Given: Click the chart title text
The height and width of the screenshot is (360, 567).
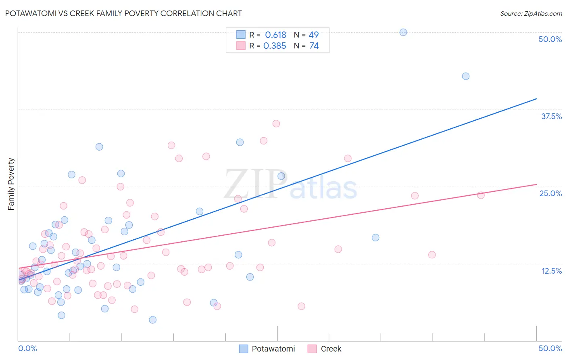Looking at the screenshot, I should (123, 13).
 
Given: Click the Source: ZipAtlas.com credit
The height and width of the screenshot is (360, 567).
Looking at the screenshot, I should (531, 13).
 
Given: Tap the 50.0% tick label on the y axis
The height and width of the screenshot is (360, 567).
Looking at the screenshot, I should (550, 39).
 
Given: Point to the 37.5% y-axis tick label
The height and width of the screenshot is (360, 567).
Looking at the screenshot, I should (551, 116).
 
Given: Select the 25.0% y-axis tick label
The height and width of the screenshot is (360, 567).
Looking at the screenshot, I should (550, 193).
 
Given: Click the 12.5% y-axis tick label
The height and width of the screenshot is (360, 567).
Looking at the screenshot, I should (551, 271).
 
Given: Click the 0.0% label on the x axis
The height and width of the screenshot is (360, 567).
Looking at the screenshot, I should (27, 348).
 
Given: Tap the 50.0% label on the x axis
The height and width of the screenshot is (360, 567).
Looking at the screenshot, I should (550, 348).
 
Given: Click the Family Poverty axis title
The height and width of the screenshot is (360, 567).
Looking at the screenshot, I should (11, 184).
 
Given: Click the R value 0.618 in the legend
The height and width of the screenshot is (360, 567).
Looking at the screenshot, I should (275, 35).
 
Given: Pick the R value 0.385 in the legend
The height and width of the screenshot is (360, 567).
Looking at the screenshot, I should (275, 46).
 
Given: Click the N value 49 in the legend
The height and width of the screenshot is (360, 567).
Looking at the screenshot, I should (313, 35).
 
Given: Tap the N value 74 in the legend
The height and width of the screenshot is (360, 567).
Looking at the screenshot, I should (314, 46).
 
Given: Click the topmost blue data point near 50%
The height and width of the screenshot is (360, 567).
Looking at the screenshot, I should (403, 32).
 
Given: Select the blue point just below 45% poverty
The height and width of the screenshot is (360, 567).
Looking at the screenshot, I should (466, 76).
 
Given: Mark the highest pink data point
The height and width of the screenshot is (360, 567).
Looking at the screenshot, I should (276, 123).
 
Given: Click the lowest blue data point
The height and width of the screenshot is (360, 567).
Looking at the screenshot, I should (153, 320).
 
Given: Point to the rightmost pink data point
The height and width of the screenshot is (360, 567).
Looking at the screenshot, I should (481, 195).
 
